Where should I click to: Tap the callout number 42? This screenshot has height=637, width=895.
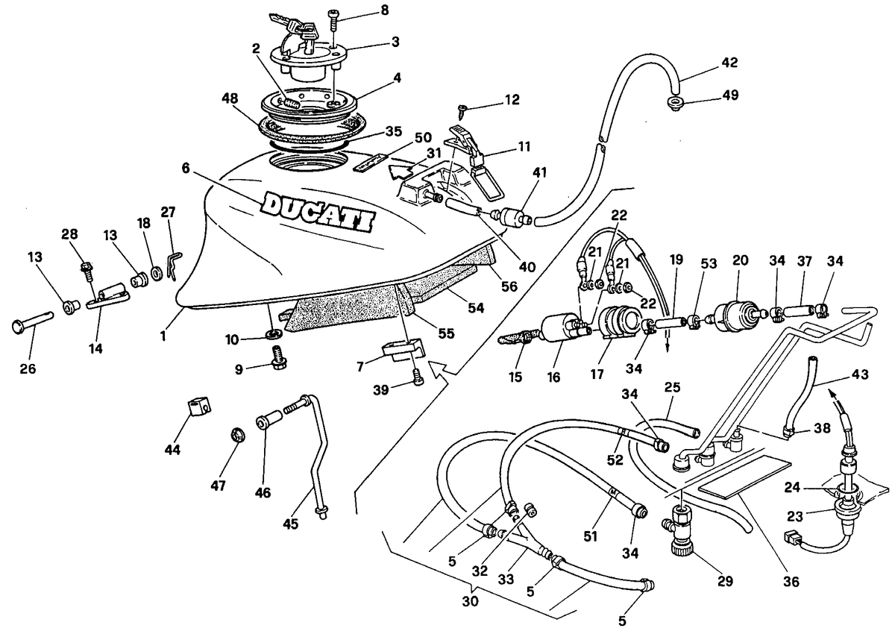click(729, 63)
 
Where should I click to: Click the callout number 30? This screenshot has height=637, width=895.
click(471, 601)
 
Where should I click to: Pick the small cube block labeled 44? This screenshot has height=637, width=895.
click(199, 408)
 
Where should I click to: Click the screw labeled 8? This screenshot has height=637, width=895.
click(333, 20)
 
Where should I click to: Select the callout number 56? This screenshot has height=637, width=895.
click(509, 286)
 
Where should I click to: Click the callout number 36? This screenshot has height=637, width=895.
click(791, 582)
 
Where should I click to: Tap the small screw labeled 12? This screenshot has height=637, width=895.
click(463, 110)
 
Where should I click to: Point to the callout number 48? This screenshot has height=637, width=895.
click(230, 98)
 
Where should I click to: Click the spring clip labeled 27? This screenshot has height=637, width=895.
click(174, 267)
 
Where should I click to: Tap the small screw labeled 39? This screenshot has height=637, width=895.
click(417, 377)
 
